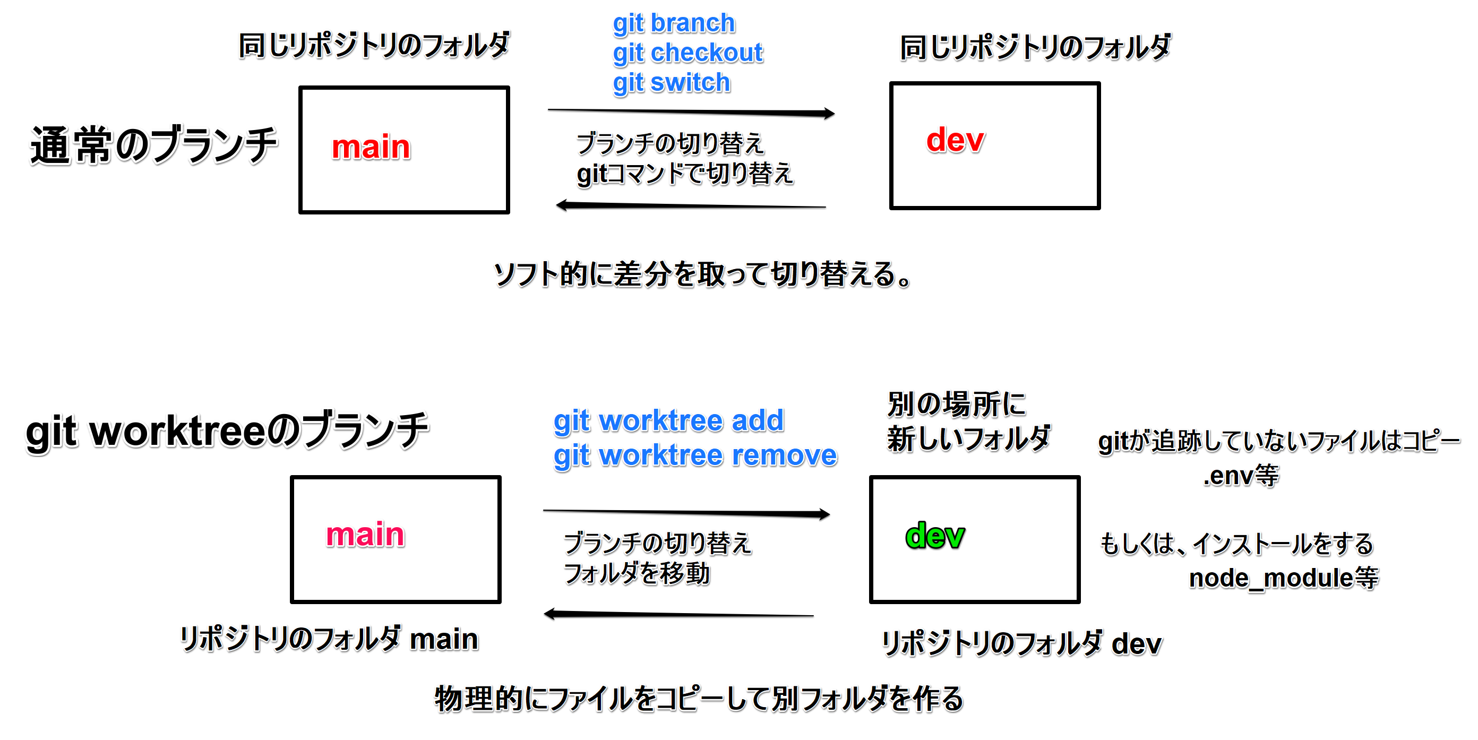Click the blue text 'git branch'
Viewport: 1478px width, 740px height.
(x=674, y=23)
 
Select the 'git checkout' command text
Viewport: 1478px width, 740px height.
(x=688, y=53)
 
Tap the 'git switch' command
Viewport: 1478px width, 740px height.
(x=671, y=83)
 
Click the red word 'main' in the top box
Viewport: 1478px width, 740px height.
(x=371, y=147)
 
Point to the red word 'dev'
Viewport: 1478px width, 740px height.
(x=955, y=140)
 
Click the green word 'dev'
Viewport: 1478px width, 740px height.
(x=935, y=536)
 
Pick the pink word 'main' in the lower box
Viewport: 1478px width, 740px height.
(x=365, y=535)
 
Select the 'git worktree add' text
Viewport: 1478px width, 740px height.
(x=668, y=420)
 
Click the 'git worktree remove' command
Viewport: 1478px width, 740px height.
(x=695, y=455)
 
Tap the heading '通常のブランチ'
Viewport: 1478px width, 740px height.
(x=154, y=145)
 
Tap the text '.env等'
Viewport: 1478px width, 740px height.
(x=1241, y=476)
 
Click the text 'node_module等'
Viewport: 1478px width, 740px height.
(x=1283, y=578)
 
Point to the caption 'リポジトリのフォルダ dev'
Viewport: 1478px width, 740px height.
(x=1021, y=643)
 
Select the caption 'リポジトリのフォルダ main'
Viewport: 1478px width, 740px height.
(x=329, y=639)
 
